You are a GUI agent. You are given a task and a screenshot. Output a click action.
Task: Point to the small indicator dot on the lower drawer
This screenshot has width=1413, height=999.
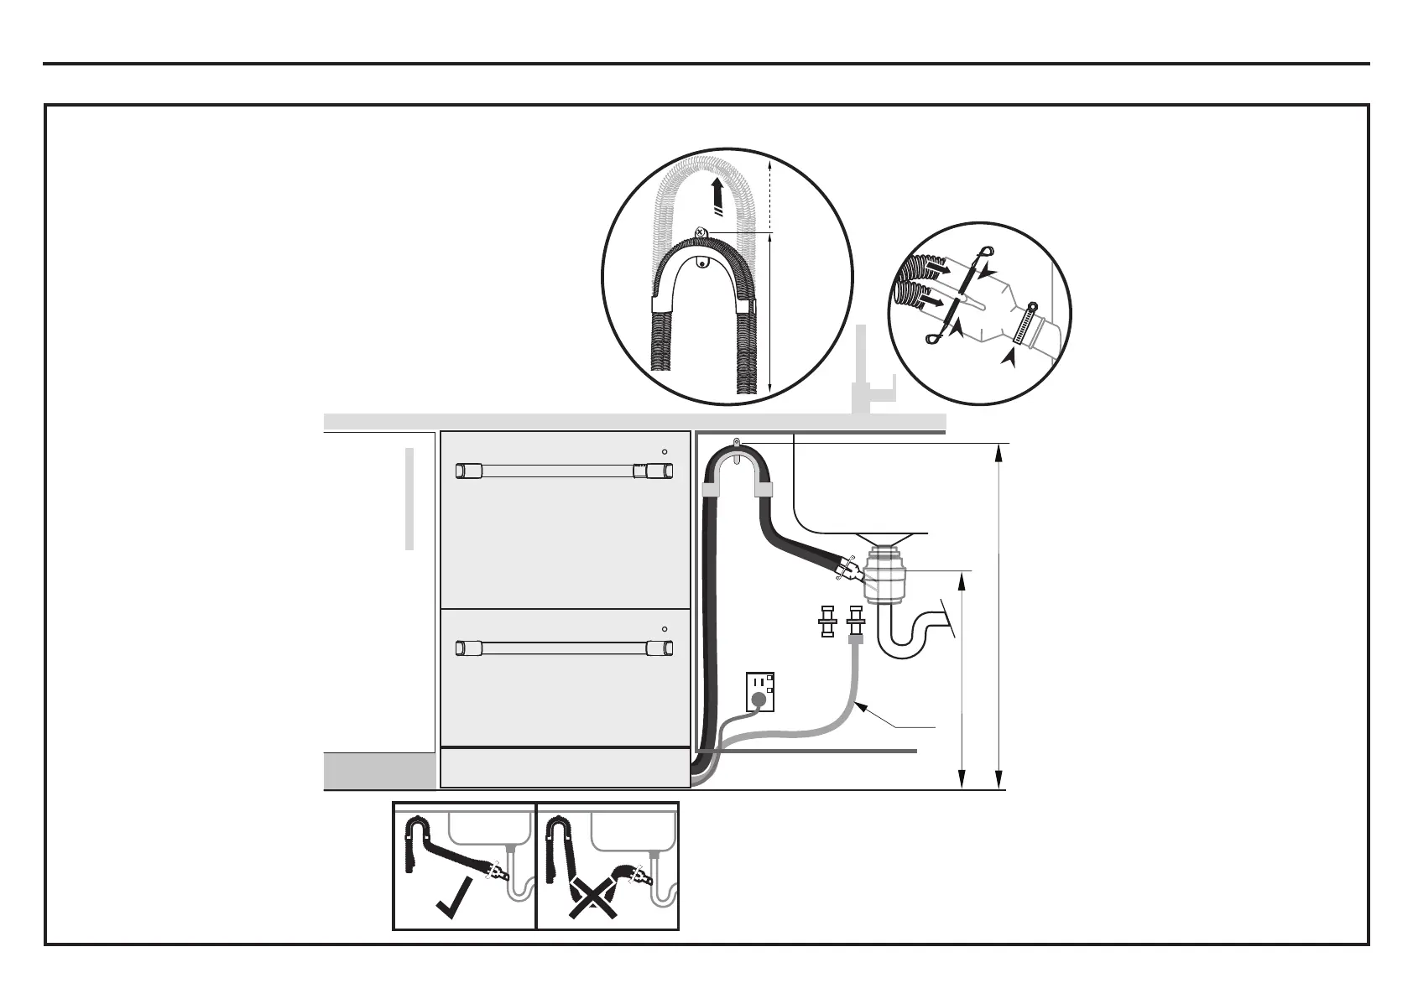(x=664, y=628)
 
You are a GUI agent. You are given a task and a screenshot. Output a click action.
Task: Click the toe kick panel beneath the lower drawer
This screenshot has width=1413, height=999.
(x=565, y=768)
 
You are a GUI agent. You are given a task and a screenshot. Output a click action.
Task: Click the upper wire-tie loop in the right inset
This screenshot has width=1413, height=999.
(x=985, y=250)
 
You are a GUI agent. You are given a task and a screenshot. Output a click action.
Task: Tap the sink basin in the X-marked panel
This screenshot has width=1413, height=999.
(x=634, y=825)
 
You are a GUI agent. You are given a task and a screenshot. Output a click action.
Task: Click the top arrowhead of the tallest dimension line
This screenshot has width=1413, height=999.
(x=998, y=453)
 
